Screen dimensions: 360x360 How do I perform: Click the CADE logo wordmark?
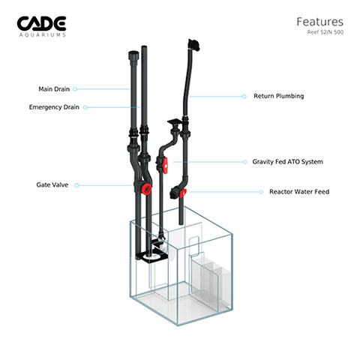click(x=41, y=24)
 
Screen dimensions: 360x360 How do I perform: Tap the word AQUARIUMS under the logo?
click(x=43, y=35)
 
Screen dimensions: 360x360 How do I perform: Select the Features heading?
click(x=319, y=22)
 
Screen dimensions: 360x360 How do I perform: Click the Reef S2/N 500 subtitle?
click(x=325, y=32)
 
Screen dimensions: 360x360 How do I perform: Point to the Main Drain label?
click(x=54, y=89)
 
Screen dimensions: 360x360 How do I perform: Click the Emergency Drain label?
click(x=54, y=107)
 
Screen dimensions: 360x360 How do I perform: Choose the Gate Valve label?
click(x=52, y=185)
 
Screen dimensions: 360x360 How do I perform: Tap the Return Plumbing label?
click(x=279, y=96)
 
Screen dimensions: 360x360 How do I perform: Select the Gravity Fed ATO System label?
click(x=287, y=162)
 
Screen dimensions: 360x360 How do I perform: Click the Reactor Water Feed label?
click(x=299, y=192)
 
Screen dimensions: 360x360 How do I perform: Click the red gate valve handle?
click(x=147, y=188)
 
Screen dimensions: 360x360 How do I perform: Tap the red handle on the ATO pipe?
click(x=165, y=165)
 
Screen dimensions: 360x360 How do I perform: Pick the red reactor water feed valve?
click(x=183, y=193)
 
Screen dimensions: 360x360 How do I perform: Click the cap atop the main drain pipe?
click(x=133, y=55)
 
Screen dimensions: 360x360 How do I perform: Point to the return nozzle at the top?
click(x=193, y=45)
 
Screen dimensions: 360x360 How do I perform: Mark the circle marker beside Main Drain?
click(x=75, y=89)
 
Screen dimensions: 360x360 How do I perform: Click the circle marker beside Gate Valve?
click(x=76, y=185)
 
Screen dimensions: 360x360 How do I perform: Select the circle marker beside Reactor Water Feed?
click(x=261, y=192)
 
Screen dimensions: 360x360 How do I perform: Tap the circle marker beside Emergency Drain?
click(x=85, y=107)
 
